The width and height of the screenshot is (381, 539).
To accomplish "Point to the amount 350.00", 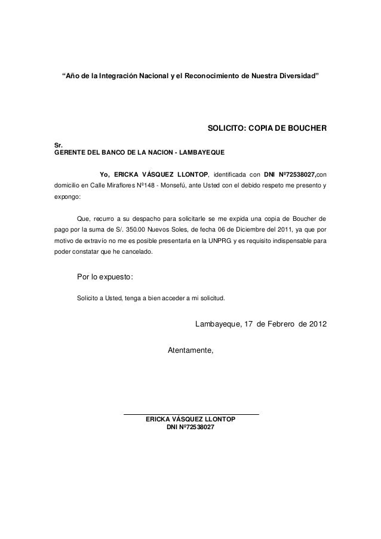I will coord(153,230).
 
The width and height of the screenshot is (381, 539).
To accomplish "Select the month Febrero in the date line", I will coord(275,325).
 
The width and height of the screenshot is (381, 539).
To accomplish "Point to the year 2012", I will coord(314,325).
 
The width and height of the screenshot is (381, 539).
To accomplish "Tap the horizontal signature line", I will coord(190,414).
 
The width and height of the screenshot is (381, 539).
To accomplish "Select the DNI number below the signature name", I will coord(190,428).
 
